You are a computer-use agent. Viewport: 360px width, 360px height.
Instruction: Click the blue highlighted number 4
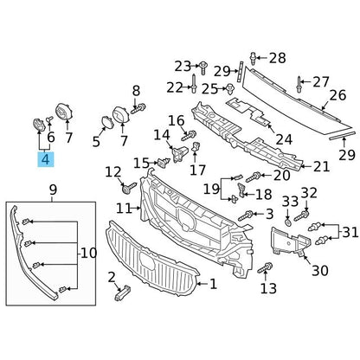click(x=46, y=159)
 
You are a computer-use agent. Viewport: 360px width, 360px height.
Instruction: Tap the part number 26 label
click(x=337, y=95)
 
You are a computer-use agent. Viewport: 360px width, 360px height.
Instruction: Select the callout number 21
click(x=321, y=167)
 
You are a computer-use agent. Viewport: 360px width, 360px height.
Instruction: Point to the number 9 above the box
click(x=53, y=190)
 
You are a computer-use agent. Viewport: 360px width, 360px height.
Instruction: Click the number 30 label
click(x=320, y=270)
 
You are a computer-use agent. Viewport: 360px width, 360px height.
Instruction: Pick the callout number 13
click(x=268, y=288)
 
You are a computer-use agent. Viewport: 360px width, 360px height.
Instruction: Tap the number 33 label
click(x=290, y=201)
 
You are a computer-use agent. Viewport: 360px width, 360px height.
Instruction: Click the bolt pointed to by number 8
click(x=138, y=109)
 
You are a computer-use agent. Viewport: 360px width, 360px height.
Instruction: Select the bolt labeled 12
click(x=129, y=188)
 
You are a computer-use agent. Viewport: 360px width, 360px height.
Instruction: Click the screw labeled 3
click(x=246, y=215)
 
